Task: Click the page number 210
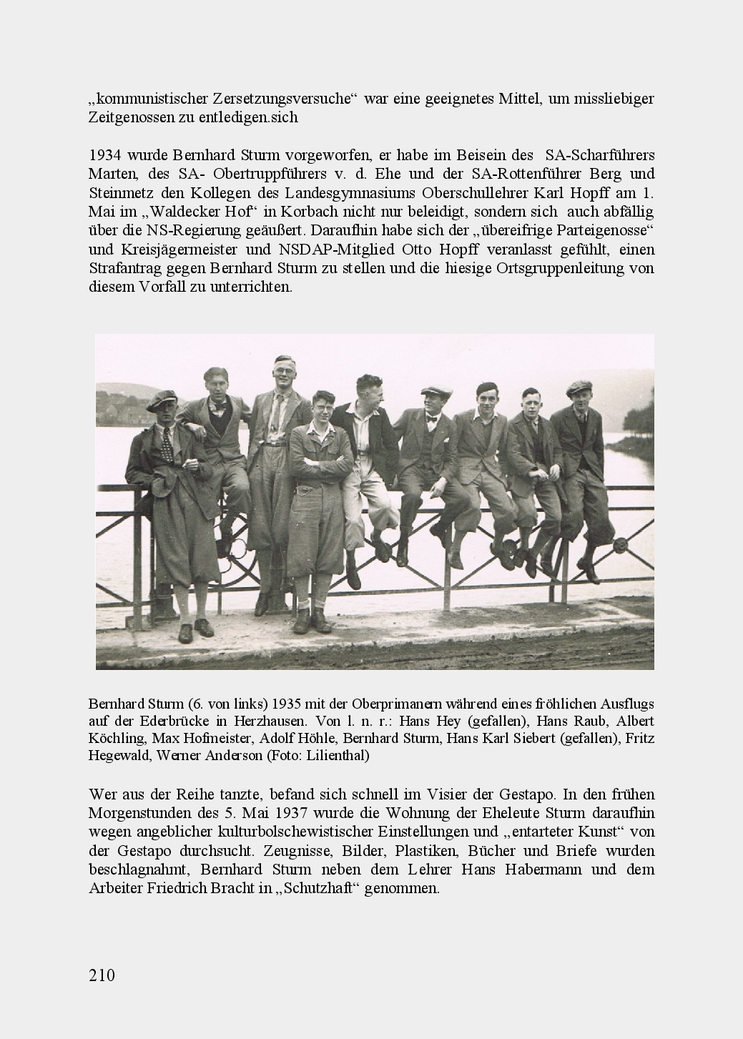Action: (102, 975)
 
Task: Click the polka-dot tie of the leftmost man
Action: (166, 443)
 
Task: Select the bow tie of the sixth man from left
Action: (433, 420)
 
